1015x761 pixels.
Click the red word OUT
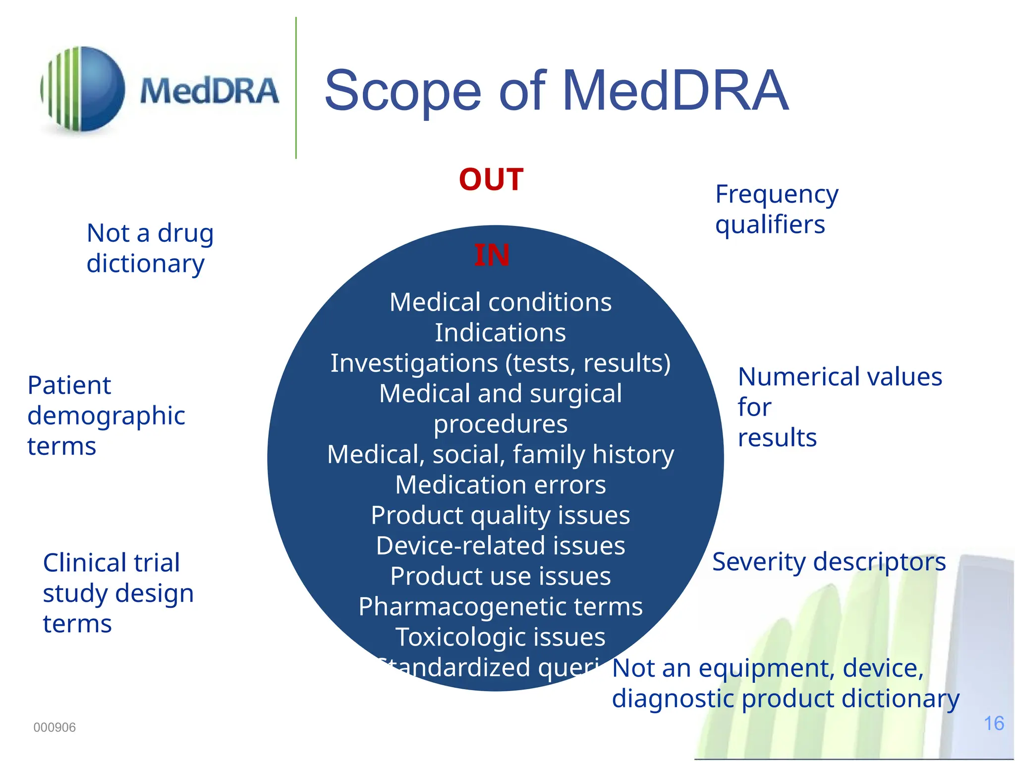click(491, 179)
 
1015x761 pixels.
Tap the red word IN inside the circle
click(492, 256)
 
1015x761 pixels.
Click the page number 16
click(994, 723)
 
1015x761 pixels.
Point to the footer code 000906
click(55, 727)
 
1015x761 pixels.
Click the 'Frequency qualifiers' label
click(776, 209)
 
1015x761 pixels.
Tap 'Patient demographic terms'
click(106, 415)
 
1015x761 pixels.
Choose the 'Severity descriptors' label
click(829, 562)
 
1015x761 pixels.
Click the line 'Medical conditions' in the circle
click(501, 302)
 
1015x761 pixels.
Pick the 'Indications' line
click(501, 332)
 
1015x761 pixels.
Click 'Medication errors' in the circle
click(501, 485)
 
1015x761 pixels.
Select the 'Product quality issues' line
click(501, 515)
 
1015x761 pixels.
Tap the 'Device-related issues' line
click(501, 545)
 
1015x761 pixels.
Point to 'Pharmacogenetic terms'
click(501, 606)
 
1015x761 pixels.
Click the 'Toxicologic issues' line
click(501, 637)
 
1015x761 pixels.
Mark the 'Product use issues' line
click(501, 576)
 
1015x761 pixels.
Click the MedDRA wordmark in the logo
click(209, 91)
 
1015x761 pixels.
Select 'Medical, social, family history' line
click(501, 454)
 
